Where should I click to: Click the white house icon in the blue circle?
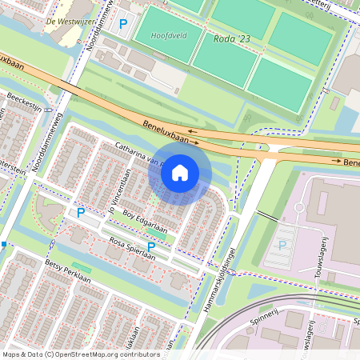pos(180,173)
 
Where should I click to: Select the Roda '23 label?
pos(234,38)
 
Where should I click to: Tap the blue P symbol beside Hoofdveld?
pos(122,25)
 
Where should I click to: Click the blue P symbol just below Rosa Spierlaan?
pos(151,246)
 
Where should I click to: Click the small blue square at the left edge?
pos(4,243)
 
